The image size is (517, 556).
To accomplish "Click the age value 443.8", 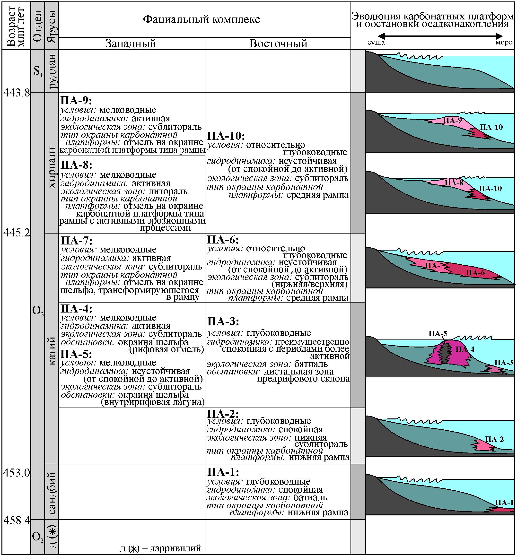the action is coord(17,93).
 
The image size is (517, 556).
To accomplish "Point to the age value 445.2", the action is coord(17,233).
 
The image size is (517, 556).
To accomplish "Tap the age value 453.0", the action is coord(17,473).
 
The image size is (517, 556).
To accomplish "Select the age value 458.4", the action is coord(17,521).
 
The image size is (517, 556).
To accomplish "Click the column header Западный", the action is coord(131,44).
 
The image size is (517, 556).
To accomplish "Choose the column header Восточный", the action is coord(278,44).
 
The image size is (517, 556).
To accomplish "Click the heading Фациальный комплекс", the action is coord(202,19).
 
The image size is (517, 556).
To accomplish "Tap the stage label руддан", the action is coord(52,71).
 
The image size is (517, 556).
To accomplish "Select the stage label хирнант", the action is coord(52,167).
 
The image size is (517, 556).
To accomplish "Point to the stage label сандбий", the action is coord(52,493).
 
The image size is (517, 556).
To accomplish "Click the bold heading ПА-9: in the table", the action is coord(76,101).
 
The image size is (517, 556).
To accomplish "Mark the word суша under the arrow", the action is coord(376,43).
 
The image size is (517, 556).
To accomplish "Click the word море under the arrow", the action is coord(504,43).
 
